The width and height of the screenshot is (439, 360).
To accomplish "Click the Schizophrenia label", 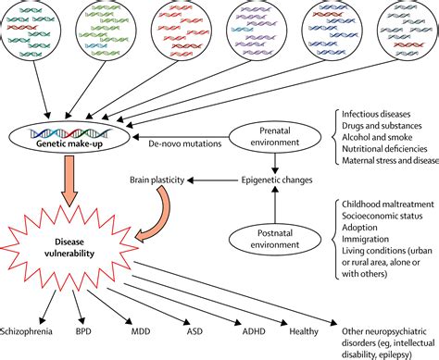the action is [x=26, y=331].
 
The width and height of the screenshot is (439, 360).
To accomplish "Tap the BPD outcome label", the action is [x=83, y=331].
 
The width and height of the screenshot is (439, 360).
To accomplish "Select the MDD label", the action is [x=141, y=331].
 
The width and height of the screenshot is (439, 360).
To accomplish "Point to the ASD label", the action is [x=194, y=331].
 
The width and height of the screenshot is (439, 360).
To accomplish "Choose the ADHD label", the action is [x=254, y=331].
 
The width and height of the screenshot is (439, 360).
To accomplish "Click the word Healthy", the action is [x=304, y=331].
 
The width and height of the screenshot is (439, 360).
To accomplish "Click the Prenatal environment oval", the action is [x=275, y=136].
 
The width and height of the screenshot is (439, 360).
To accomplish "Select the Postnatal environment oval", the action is [x=275, y=239].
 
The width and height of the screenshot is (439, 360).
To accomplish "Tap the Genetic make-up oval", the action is [x=69, y=138].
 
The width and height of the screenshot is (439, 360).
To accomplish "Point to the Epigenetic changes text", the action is [x=277, y=180].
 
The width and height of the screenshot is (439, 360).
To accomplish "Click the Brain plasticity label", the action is [x=157, y=180].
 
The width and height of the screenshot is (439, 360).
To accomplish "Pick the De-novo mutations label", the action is [x=185, y=143].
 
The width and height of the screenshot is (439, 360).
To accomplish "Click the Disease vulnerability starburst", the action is [x=69, y=248].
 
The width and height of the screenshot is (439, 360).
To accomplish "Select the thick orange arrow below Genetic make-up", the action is [x=70, y=180].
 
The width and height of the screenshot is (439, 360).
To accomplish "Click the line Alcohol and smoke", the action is [x=377, y=137].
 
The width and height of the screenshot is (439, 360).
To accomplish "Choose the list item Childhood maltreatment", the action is [x=388, y=205].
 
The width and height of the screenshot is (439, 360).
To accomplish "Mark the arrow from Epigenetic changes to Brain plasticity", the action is [x=213, y=180].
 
